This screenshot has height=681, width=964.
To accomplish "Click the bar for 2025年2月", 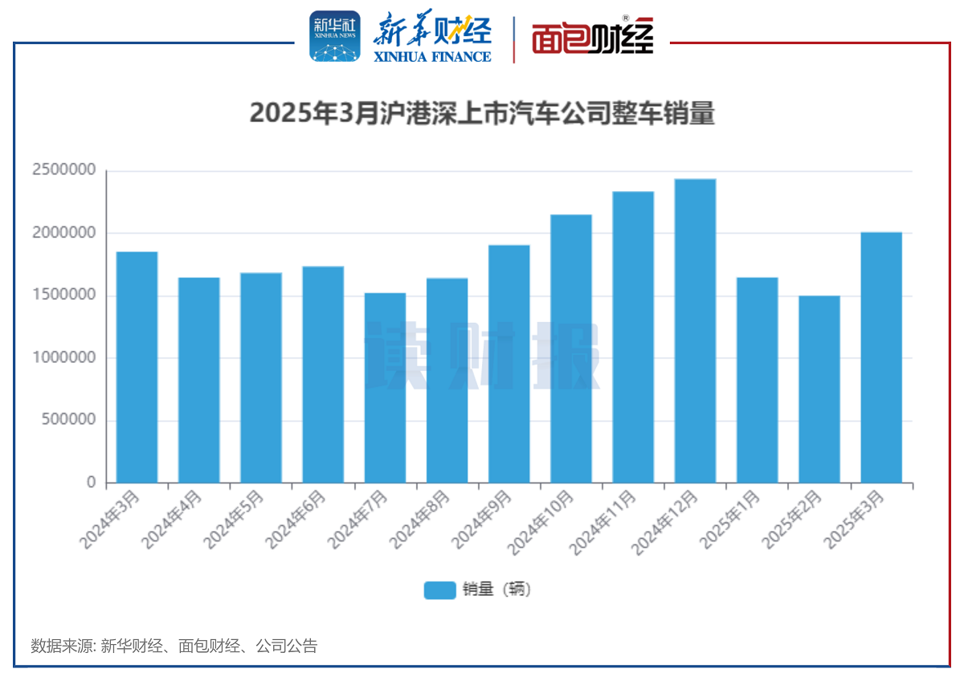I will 819,389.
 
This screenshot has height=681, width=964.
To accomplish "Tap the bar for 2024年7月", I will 385,388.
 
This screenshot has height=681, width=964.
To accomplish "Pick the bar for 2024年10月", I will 571,349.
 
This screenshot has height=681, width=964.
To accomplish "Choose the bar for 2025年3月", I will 881,357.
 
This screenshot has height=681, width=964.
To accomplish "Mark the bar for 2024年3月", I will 137,367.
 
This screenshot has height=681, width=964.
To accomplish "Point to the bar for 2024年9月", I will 509,364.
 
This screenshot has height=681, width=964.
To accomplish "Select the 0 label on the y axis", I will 91,483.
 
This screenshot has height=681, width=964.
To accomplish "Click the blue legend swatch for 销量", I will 439,589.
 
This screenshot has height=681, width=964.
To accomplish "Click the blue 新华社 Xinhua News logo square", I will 335,37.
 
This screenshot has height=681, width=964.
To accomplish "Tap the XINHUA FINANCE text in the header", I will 431,56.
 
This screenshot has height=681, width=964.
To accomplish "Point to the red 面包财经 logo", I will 593,37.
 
